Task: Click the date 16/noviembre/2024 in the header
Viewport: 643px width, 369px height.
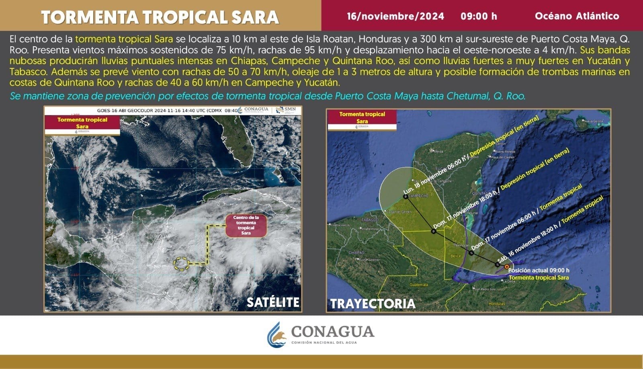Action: [x=395, y=16]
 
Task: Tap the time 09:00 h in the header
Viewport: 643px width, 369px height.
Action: [x=479, y=16]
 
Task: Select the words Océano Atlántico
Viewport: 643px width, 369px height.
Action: [x=577, y=16]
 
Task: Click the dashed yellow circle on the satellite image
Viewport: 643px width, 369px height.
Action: [x=181, y=263]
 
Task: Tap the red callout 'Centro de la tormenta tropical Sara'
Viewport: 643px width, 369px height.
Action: [x=246, y=225]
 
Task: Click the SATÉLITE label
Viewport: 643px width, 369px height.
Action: [x=273, y=302]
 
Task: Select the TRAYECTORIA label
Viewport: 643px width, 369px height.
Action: [x=373, y=303]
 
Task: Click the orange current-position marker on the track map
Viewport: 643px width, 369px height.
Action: [x=507, y=266]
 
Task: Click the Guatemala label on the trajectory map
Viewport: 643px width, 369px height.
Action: [x=418, y=285]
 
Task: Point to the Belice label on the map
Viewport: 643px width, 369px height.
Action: [x=456, y=256]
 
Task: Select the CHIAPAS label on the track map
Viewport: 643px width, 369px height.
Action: [x=356, y=253]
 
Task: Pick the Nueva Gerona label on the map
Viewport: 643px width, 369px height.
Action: [x=593, y=121]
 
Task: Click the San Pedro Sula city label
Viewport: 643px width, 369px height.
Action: [x=485, y=289]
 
